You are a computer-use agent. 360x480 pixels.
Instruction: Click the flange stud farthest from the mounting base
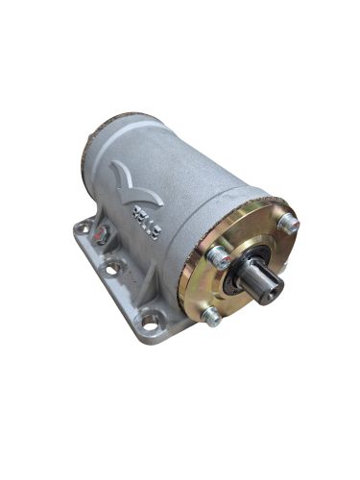click(x=288, y=223)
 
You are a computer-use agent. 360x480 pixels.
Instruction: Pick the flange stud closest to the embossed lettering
click(x=220, y=257)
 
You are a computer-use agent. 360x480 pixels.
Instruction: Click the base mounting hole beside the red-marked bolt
click(x=85, y=228)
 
